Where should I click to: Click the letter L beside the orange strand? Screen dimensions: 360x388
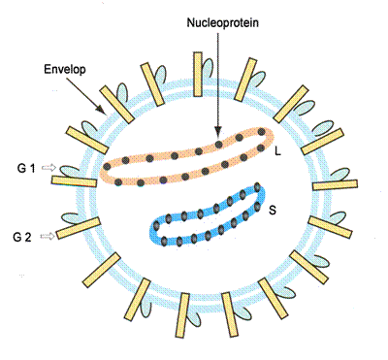(279, 151)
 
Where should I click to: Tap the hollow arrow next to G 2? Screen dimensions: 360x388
(45, 237)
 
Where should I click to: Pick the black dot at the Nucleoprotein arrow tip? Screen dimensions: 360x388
(219, 145)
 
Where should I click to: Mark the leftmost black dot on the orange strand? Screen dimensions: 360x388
(107, 166)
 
